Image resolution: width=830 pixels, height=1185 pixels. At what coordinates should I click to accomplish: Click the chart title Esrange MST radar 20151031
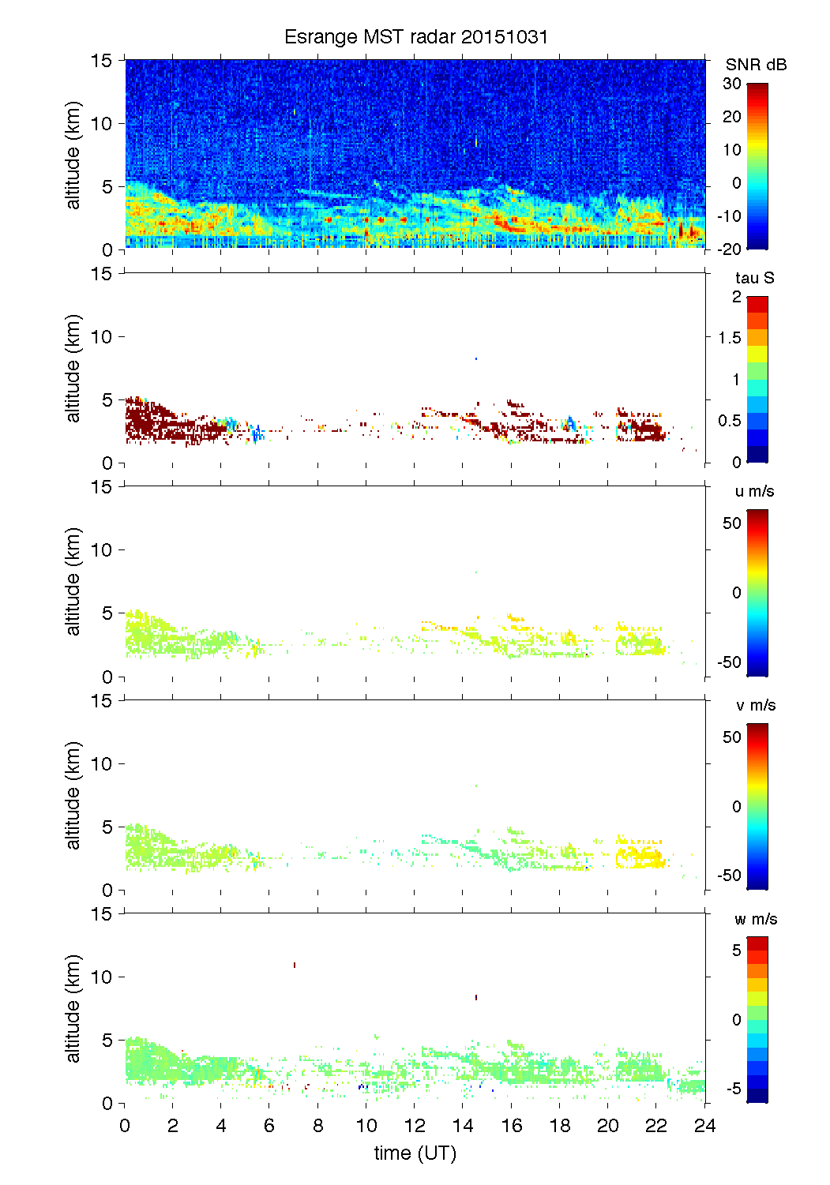click(x=415, y=37)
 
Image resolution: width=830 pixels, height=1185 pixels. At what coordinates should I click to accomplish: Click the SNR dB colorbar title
click(x=756, y=65)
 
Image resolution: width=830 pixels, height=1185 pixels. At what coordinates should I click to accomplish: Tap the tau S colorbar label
click(x=754, y=278)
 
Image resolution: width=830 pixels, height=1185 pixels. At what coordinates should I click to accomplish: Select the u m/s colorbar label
click(x=754, y=491)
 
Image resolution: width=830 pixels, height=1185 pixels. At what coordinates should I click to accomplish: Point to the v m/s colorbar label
click(x=755, y=705)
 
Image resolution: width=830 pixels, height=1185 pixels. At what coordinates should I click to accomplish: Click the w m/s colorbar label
click(x=756, y=919)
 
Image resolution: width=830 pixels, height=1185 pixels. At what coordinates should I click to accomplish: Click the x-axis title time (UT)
click(x=415, y=1153)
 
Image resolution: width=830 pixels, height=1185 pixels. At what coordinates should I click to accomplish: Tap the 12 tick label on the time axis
click(x=415, y=1126)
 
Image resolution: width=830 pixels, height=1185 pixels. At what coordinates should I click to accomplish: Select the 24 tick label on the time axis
click(x=704, y=1126)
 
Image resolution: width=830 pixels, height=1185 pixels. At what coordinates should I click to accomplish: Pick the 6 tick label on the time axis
click(x=269, y=1126)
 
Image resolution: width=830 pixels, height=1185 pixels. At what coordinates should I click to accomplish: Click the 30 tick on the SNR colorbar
click(x=732, y=84)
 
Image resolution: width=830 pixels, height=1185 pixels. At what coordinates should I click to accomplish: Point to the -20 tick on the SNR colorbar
click(x=730, y=249)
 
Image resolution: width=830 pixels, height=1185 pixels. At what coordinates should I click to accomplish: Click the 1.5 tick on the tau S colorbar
click(x=730, y=338)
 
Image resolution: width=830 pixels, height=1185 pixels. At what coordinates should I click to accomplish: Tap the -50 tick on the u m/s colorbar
click(x=730, y=662)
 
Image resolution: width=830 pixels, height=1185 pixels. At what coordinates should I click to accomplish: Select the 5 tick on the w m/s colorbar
click(x=737, y=951)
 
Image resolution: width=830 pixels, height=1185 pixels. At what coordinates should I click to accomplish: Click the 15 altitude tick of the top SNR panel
click(x=103, y=60)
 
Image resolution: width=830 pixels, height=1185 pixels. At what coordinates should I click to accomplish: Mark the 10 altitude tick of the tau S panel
click(x=103, y=337)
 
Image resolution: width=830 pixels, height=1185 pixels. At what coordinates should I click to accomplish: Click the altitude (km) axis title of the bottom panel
click(x=73, y=1008)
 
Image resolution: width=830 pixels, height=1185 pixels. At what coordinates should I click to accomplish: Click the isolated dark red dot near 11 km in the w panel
click(x=295, y=965)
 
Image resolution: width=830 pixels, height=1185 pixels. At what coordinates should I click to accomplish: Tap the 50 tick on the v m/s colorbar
click(x=732, y=737)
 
